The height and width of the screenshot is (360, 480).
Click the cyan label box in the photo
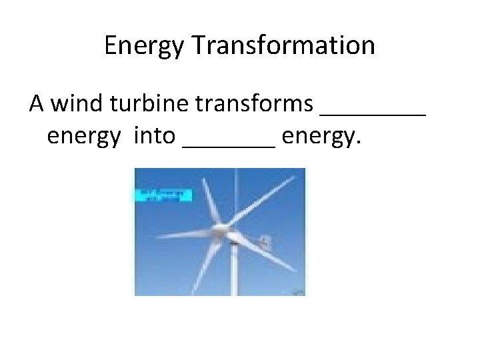[163, 195]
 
